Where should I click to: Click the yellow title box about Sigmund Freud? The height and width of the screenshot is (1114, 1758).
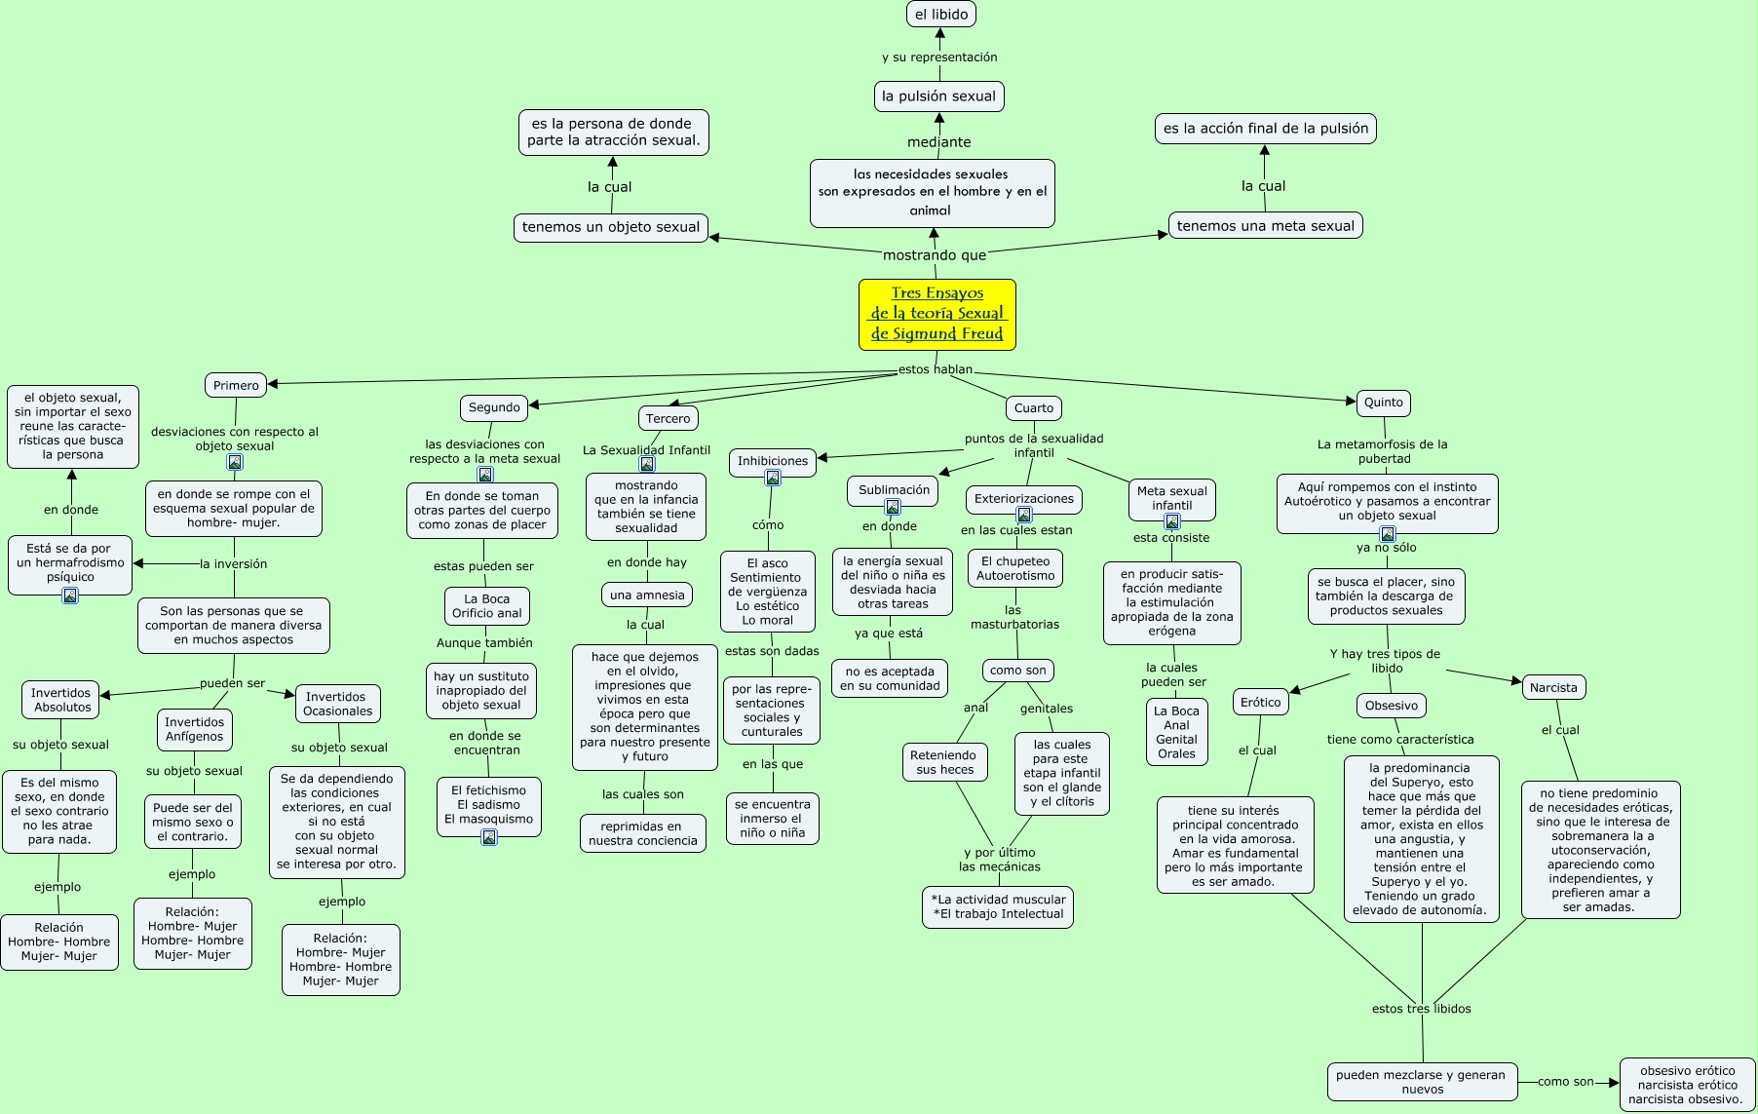(x=937, y=314)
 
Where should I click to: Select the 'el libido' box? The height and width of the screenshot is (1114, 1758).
(x=940, y=14)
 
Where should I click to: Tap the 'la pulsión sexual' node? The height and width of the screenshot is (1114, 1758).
(x=938, y=96)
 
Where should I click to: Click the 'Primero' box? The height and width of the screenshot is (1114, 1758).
(x=236, y=385)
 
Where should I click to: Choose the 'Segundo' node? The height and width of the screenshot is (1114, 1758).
(x=494, y=407)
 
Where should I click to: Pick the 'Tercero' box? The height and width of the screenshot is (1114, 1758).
(x=668, y=418)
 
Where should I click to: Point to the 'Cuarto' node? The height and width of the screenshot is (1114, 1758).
(x=1033, y=407)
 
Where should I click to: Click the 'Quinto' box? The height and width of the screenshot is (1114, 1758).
(x=1383, y=402)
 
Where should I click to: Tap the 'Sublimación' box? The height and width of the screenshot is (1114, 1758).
(x=894, y=491)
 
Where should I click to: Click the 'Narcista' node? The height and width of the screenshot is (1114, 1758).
(x=1552, y=687)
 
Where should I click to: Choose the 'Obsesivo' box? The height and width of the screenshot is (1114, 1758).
(x=1391, y=706)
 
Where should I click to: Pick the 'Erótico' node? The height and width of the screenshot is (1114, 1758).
(x=1260, y=702)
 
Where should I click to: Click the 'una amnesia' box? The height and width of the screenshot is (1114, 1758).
(x=647, y=595)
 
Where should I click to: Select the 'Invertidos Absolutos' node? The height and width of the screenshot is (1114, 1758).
(x=60, y=700)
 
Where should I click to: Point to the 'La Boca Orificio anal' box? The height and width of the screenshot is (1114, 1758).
(x=486, y=605)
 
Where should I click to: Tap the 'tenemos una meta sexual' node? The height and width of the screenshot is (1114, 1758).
(x=1265, y=225)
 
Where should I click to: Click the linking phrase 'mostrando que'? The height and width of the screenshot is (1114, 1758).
(x=935, y=255)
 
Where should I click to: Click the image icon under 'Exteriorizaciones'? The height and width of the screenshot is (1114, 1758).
(x=1023, y=515)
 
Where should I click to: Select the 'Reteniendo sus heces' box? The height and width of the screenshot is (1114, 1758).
(x=943, y=762)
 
